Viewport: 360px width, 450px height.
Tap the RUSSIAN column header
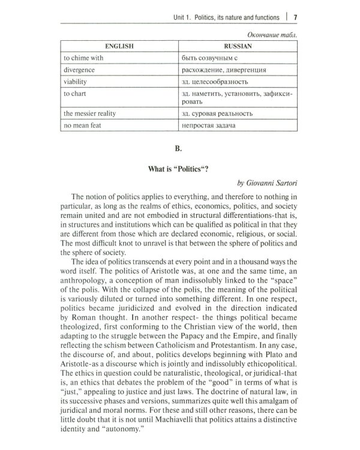[237, 45]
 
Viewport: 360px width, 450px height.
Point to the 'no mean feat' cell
[83, 125]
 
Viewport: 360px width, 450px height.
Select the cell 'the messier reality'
[91, 113]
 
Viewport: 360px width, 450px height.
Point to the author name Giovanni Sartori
[268, 182]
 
